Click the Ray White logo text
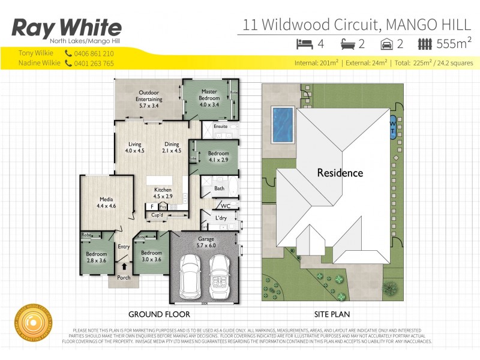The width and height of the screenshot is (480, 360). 67,28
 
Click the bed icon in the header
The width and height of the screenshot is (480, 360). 305,43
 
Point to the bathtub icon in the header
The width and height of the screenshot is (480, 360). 347,43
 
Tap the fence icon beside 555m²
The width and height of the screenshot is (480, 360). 425,43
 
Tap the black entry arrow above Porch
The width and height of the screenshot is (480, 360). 125,266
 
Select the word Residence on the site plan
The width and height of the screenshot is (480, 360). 340,173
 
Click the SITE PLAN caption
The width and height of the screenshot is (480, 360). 332,314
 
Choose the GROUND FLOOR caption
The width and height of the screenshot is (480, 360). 160,314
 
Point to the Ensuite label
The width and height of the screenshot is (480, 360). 220,127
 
